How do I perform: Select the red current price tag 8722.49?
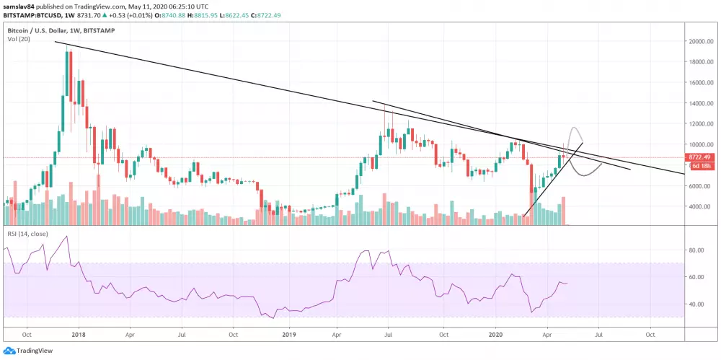click(700, 157)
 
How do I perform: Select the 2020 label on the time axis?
click(497, 335)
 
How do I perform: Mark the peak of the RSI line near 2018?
click(66, 236)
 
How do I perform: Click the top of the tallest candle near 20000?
click(67, 47)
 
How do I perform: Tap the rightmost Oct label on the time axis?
click(650, 335)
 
